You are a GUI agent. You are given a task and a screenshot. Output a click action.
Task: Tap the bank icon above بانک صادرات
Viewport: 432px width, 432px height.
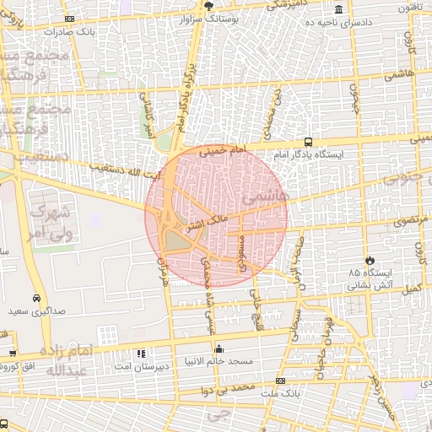(x=68, y=18)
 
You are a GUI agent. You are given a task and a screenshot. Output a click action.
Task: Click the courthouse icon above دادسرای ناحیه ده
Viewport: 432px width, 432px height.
(x=338, y=9)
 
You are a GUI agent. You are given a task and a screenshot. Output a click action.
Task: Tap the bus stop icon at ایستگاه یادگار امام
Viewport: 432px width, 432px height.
(x=308, y=142)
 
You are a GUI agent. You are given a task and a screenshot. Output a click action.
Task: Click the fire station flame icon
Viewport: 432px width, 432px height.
(x=369, y=260)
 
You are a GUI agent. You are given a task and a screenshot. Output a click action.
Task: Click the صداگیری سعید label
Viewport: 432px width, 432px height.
(x=37, y=311)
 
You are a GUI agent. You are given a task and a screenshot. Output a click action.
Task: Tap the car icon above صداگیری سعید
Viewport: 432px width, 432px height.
(x=37, y=299)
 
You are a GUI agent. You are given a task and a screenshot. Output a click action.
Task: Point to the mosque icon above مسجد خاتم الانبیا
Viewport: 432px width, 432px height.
(x=219, y=348)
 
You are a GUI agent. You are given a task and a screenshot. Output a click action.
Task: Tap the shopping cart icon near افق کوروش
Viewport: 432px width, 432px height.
(x=12, y=354)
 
